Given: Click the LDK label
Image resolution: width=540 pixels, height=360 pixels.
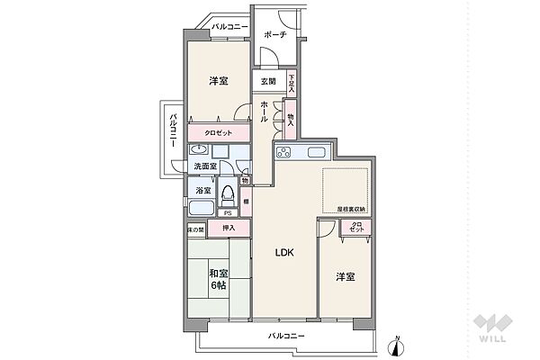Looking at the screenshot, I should click(285, 252).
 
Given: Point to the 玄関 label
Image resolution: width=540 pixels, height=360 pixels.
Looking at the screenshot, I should click(269, 82).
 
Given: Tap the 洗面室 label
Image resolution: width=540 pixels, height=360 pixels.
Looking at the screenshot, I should click(204, 166).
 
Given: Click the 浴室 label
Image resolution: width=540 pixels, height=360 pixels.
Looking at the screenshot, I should click(202, 190).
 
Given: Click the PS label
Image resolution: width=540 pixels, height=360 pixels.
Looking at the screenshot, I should click(228, 213).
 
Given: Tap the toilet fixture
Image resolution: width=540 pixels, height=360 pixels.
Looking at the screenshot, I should click(229, 193).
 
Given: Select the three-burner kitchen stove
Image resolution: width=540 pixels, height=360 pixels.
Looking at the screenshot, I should click(285, 150).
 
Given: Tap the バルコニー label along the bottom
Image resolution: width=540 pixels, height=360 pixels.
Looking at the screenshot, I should click(286, 336).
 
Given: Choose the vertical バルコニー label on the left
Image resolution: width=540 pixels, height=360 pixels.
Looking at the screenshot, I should click(171, 135).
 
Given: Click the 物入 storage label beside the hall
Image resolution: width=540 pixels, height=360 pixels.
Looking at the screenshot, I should click(291, 118).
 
